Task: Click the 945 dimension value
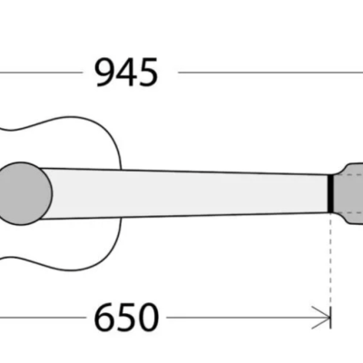(x=126, y=72)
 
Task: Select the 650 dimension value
(x=126, y=318)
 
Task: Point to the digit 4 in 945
(x=126, y=72)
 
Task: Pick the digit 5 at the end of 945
(x=148, y=72)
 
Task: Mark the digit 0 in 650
(x=148, y=318)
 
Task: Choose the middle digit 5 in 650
(x=126, y=318)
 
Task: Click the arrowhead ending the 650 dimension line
(x=325, y=318)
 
